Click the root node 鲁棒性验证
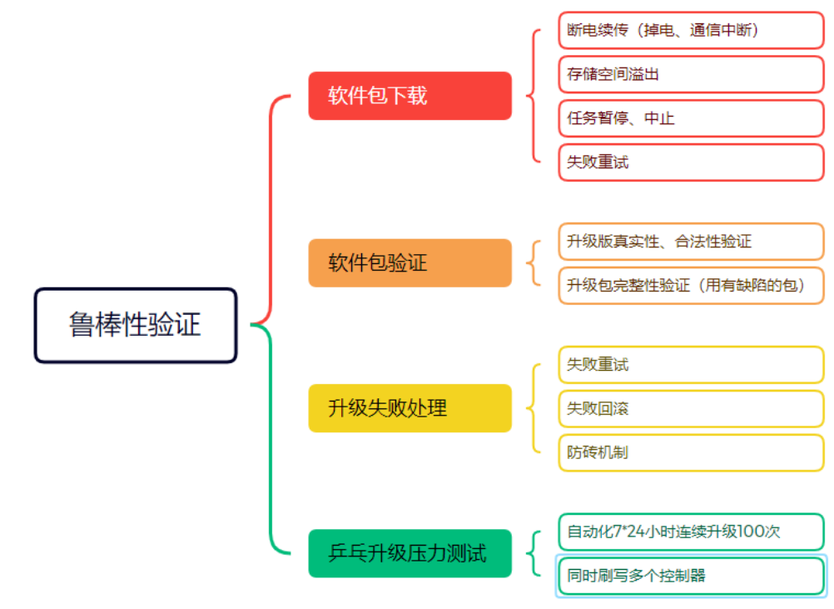coord(136,325)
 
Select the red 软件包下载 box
coord(410,96)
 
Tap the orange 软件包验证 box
coord(410,263)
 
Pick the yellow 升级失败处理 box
coord(410,408)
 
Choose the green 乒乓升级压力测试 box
coord(410,553)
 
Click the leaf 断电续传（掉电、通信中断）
coord(691,30)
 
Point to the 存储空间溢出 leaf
coord(691,74)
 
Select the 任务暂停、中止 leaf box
coord(691,118)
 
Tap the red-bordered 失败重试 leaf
coord(691,162)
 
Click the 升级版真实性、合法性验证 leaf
coord(691,242)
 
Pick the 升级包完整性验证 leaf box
coord(691,286)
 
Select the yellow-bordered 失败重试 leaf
coord(691,365)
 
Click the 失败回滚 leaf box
coord(691,409)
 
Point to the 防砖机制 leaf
coord(691,453)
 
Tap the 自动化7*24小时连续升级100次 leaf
coord(691,532)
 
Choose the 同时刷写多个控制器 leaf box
coord(691,576)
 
